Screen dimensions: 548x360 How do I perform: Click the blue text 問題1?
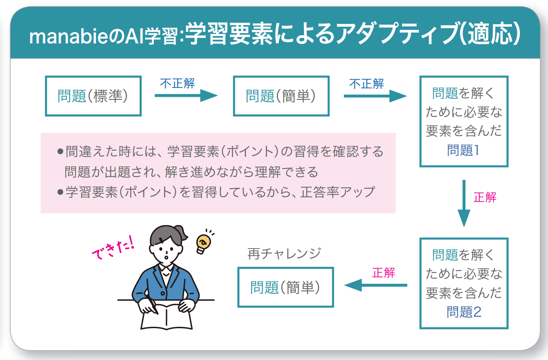coord(463,150)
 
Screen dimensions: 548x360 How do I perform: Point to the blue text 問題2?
coord(464,312)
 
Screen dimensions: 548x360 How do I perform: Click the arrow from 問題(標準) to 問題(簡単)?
coord(186,96)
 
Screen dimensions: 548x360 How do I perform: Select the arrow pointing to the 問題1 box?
coord(375,96)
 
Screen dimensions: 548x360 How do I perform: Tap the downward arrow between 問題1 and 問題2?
coord(464,204)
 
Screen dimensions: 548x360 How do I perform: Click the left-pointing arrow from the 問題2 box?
coord(376,285)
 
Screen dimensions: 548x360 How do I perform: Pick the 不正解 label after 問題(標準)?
coord(177,83)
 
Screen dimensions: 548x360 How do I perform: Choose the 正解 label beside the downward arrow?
coord(485,197)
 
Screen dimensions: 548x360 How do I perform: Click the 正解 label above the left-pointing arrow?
coord(383,273)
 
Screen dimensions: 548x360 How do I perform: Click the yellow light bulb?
coord(203,244)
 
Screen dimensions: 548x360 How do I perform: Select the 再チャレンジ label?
coord(284,254)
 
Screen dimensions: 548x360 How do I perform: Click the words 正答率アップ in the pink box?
coord(338,192)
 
